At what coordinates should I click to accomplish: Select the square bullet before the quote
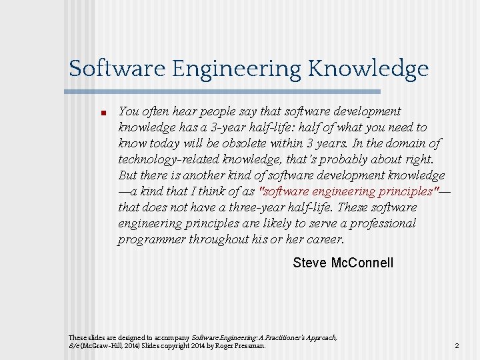pos(95,113)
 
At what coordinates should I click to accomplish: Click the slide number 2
pos(457,346)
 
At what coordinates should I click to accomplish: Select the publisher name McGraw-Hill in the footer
pos(101,346)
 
